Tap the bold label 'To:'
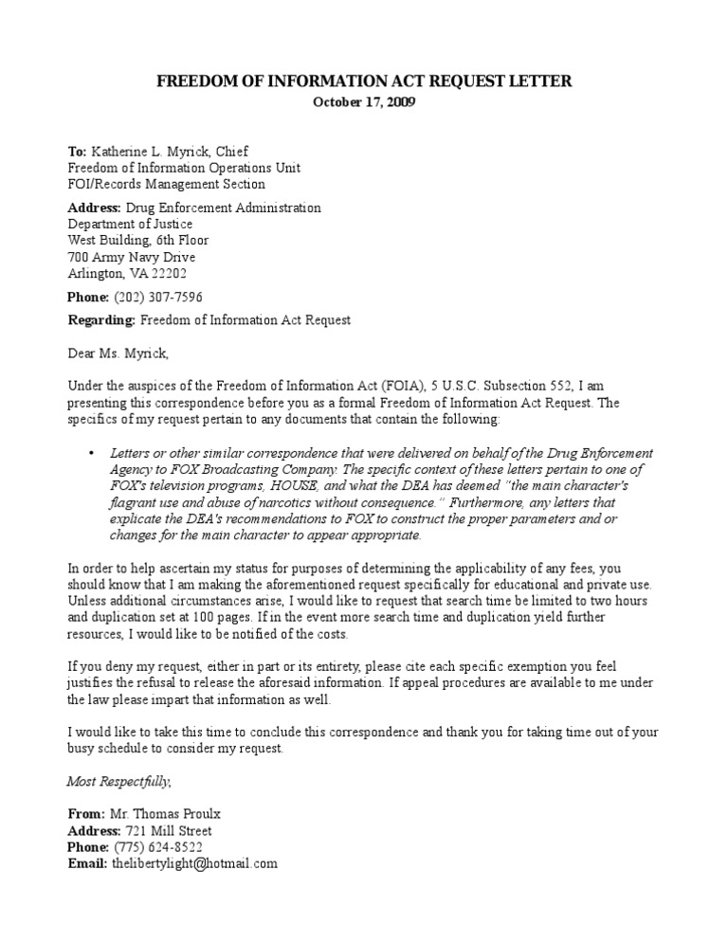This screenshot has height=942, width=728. [x=77, y=151]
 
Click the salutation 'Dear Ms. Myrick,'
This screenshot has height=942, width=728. [x=118, y=353]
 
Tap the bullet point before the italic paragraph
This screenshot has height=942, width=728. [x=91, y=453]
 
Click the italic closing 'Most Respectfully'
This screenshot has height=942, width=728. [x=118, y=781]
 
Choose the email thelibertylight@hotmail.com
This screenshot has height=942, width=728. [x=194, y=863]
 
